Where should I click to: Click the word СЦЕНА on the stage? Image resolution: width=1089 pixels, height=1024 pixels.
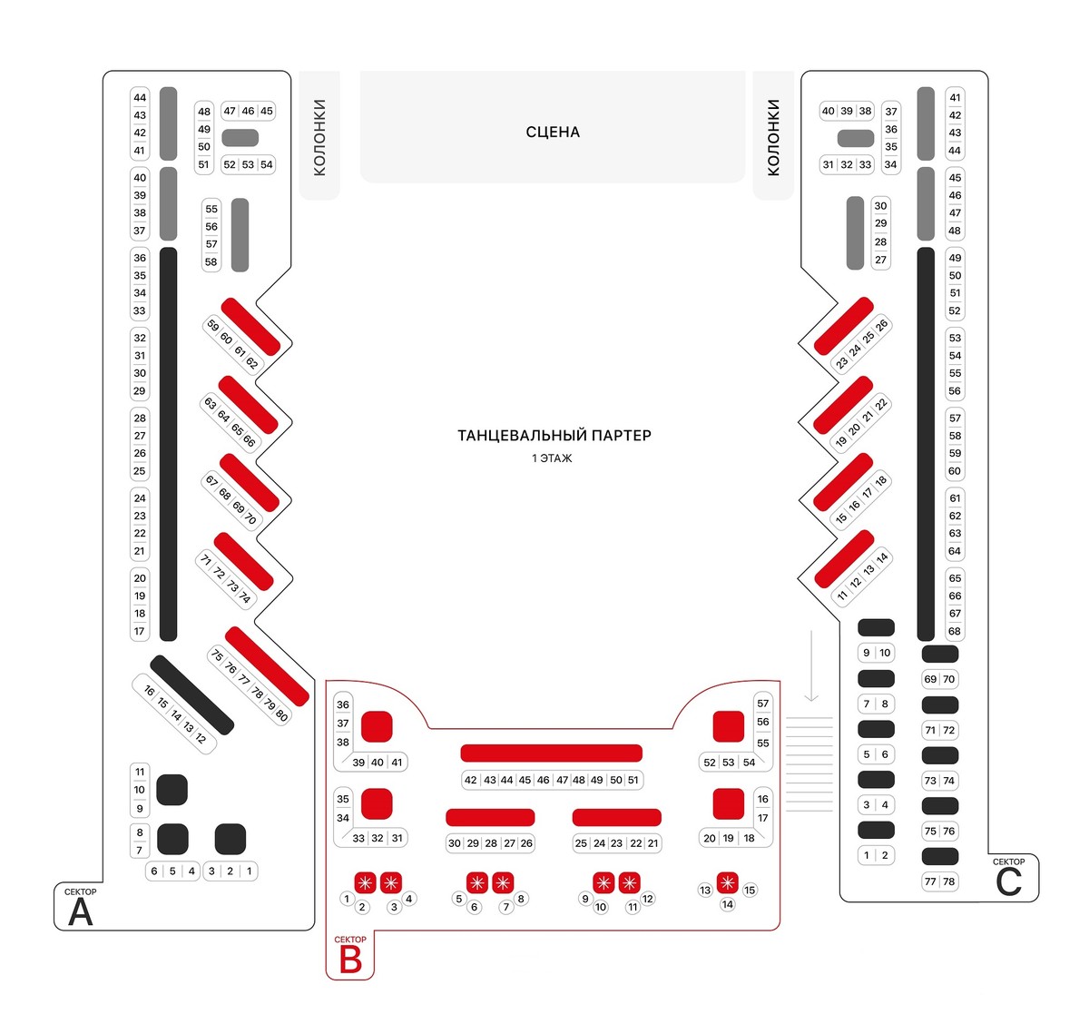[553, 133]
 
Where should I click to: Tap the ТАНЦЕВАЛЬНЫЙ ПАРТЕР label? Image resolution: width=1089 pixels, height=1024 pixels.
[554, 436]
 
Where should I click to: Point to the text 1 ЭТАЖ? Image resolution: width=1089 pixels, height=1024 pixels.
[552, 458]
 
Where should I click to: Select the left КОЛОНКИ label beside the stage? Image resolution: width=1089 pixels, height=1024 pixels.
[319, 137]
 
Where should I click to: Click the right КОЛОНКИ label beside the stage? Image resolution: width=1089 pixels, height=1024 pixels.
[773, 137]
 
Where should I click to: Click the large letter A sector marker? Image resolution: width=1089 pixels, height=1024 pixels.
[81, 911]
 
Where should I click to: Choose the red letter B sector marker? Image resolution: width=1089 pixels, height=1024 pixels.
[350, 960]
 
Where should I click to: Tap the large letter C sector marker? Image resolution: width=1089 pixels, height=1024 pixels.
[1008, 881]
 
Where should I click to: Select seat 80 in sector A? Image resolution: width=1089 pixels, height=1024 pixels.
[281, 716]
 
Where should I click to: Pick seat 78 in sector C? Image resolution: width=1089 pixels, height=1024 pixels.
[949, 881]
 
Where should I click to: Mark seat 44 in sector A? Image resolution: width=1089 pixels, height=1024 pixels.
[140, 98]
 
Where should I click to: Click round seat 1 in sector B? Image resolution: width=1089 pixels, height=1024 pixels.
[347, 899]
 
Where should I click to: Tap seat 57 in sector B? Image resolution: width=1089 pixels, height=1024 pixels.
[762, 704]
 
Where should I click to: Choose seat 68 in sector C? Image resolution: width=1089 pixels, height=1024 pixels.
[955, 631]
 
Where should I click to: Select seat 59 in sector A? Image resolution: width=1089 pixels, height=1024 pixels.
[212, 326]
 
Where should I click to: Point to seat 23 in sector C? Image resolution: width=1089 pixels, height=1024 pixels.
[842, 362]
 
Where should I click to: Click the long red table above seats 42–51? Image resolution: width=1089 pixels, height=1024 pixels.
[552, 753]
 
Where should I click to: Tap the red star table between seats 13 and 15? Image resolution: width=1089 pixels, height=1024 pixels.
[727, 881]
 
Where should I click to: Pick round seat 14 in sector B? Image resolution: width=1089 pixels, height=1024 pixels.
[727, 904]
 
